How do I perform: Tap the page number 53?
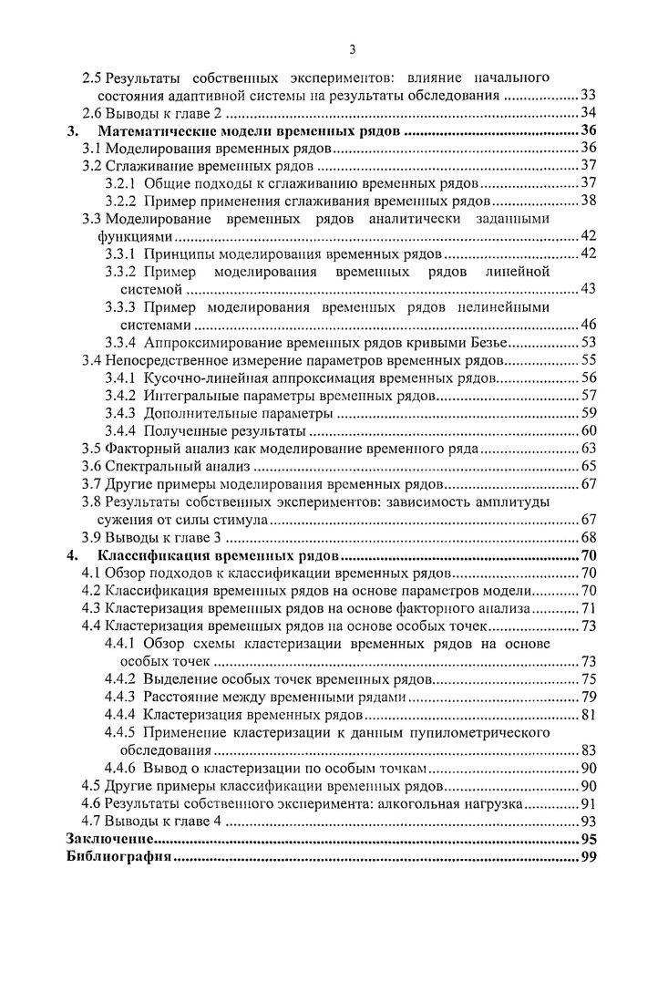click(588, 344)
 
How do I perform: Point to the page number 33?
click(588, 96)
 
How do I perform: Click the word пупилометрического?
click(485, 733)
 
